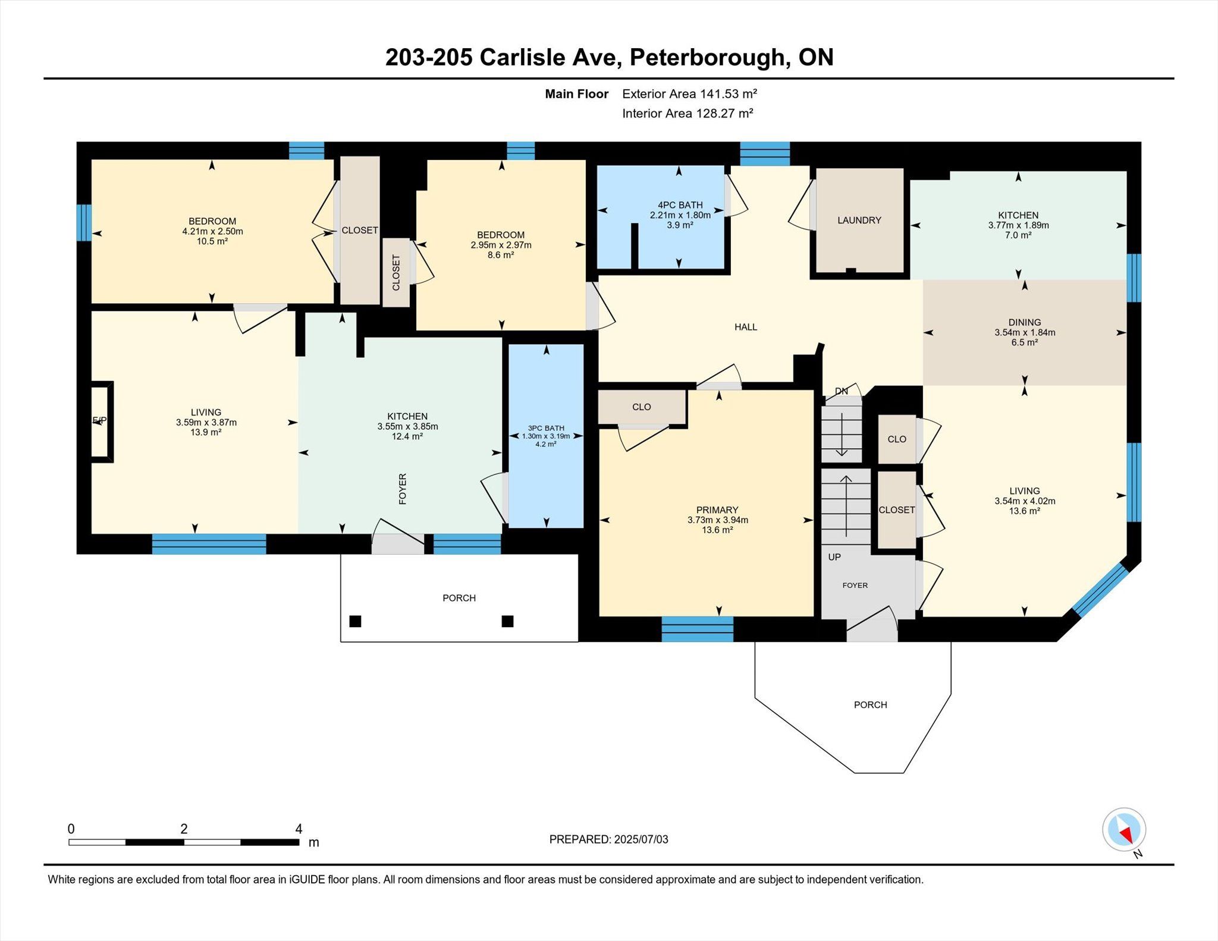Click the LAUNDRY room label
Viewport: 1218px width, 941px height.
859,220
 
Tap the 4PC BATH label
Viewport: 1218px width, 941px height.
680,205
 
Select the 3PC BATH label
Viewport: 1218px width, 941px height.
546,428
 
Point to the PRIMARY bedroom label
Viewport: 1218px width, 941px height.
717,510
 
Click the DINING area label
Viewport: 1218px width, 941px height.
1025,323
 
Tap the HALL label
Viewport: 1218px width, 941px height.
746,327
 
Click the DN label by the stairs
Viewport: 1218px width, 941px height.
842,391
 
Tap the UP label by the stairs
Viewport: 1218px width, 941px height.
834,557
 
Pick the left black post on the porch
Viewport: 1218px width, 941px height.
355,621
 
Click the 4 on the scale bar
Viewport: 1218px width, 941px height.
299,829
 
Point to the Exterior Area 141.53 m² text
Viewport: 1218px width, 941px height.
689,94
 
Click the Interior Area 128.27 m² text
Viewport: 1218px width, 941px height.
688,114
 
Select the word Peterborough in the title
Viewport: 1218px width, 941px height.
707,57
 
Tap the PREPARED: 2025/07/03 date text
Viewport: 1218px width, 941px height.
608,839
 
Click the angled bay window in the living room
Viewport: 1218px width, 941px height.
1100,590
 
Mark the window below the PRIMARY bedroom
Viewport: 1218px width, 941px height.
698,630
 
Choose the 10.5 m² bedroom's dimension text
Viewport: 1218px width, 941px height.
212,231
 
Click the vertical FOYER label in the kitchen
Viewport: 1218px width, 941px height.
403,489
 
